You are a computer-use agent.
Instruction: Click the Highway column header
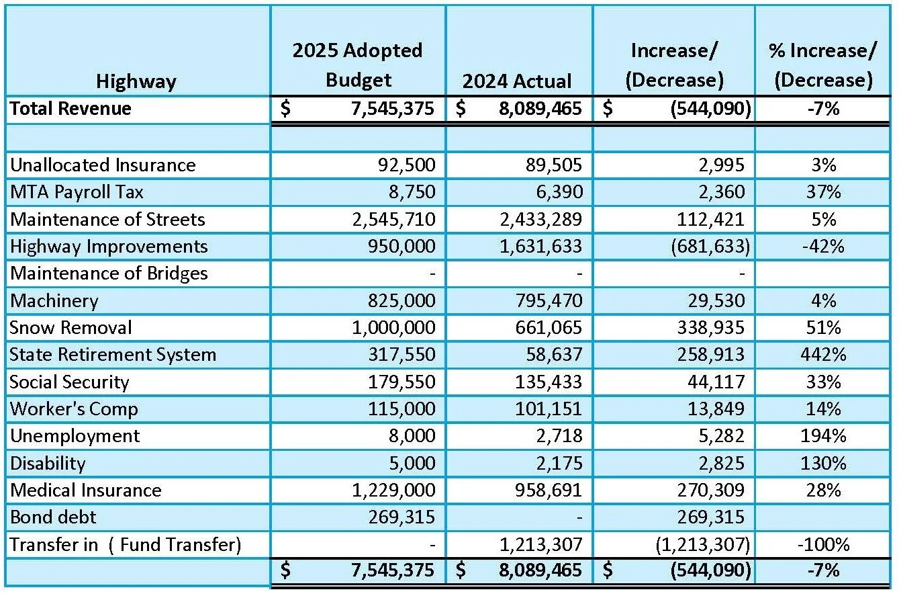click(136, 81)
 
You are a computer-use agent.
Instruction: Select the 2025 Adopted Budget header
click(357, 65)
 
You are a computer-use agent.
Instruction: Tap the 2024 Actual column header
click(517, 81)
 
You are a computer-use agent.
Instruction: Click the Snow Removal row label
click(70, 328)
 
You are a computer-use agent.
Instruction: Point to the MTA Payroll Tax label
click(77, 192)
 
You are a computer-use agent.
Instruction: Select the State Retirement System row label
click(113, 355)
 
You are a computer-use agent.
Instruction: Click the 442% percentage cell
click(823, 355)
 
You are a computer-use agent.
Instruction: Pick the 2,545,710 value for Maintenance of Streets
click(393, 219)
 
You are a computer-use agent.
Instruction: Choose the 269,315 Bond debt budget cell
click(402, 517)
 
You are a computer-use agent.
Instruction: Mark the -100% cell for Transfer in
click(823, 544)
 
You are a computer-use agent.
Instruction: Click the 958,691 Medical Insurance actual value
click(548, 490)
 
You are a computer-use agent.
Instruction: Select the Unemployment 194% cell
click(823, 436)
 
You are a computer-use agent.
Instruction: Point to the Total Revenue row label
click(70, 109)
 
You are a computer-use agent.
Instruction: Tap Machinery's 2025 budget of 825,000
click(402, 300)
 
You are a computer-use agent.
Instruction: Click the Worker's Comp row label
click(74, 409)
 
